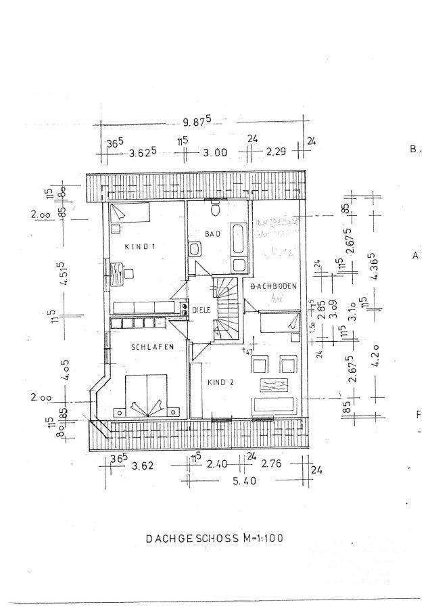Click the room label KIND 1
click(139, 247)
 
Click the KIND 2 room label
click(221, 382)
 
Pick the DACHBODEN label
click(274, 287)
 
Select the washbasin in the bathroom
click(194, 250)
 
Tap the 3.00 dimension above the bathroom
click(215, 152)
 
